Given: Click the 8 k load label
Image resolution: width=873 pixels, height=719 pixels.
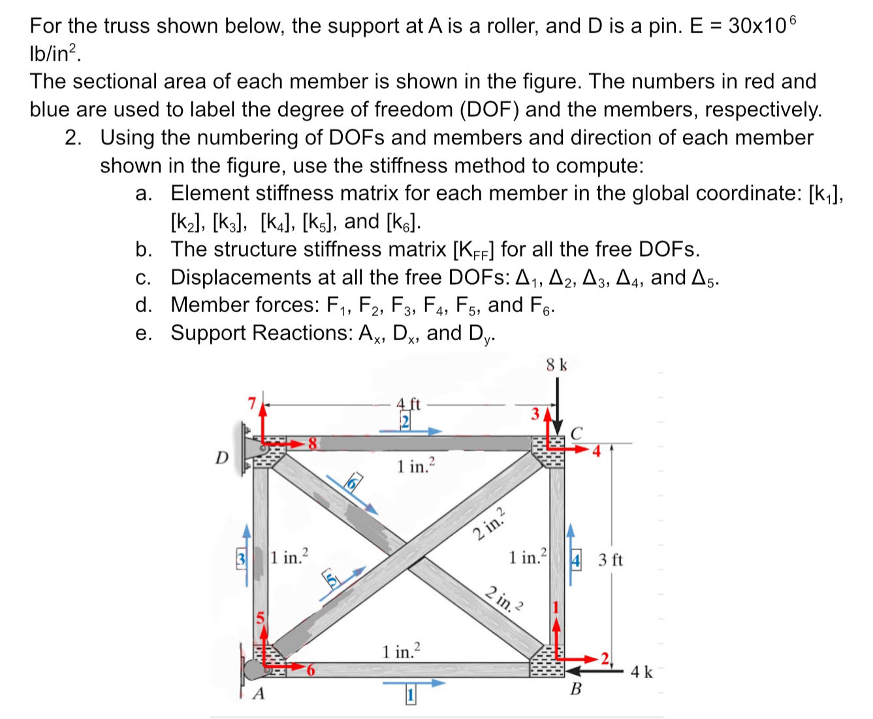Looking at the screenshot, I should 556,365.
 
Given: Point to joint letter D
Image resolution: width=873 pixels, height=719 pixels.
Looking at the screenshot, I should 222,458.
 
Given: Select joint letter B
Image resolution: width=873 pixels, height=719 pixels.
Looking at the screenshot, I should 575,689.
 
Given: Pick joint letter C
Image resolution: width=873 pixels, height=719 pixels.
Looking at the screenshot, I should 576,433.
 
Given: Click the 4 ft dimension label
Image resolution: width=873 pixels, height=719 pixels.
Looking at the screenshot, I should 409,404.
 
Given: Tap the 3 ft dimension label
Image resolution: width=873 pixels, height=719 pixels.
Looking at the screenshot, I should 611,560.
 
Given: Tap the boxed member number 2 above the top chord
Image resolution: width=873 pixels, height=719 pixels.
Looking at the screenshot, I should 405,421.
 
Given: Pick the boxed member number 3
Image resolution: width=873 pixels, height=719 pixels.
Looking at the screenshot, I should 241,559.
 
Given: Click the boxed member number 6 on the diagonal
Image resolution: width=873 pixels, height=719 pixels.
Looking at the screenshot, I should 353,483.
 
